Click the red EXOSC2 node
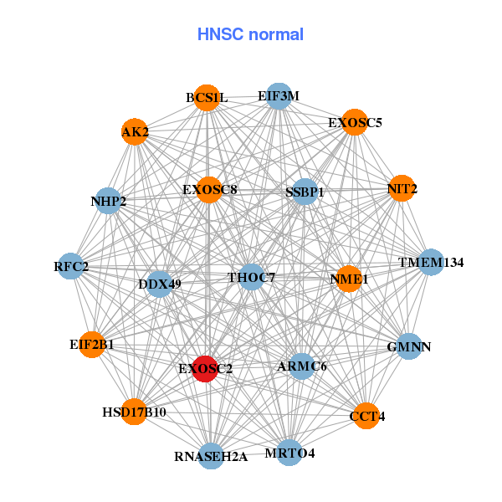tap(206, 368)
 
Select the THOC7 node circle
tap(252, 276)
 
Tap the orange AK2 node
tap(135, 132)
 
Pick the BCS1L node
tap(207, 98)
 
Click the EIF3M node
tap(279, 96)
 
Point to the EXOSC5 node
tap(355, 122)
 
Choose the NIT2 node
tap(402, 189)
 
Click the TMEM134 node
tap(430, 263)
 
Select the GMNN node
tap(408, 346)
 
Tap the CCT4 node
tap(366, 416)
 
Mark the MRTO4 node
tap(289, 453)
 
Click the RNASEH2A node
tap(212, 456)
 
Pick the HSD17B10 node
tap(135, 412)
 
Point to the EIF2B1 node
tap(92, 344)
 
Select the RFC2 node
tap(71, 267)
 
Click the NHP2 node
tap(109, 201)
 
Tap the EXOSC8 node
tap(210, 190)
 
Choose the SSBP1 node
tap(305, 192)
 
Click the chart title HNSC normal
tap(250, 34)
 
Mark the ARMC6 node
tap(302, 366)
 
